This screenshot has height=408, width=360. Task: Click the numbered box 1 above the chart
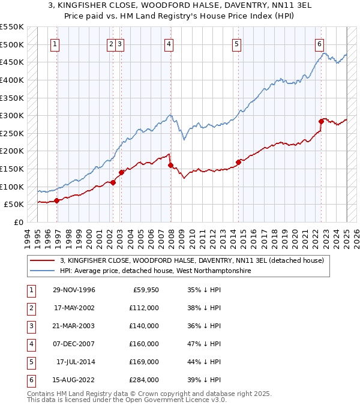click(55, 44)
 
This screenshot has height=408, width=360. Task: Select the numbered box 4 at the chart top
click(169, 44)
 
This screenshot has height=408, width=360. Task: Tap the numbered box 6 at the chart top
click(320, 44)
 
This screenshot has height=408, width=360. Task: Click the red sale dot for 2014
click(238, 161)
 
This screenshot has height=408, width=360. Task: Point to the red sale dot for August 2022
click(322, 121)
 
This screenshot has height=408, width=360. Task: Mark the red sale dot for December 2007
click(170, 165)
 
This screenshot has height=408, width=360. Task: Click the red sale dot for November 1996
click(57, 200)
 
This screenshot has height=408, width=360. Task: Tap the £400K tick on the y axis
click(12, 80)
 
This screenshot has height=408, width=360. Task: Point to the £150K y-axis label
click(12, 169)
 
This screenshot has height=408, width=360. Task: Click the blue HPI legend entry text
click(155, 271)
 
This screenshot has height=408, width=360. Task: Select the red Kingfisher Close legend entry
click(191, 260)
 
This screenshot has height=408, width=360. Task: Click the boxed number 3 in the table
click(30, 326)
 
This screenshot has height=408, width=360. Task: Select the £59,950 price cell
click(146, 290)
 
